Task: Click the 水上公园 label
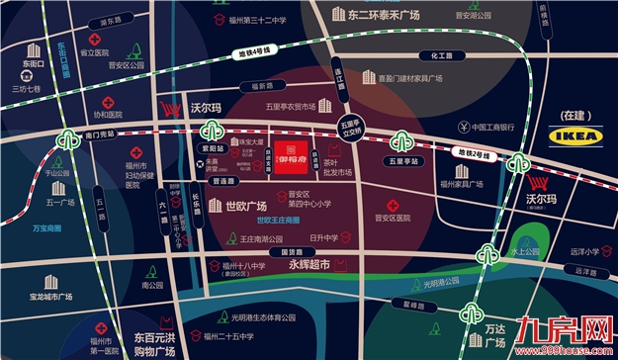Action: (525, 251)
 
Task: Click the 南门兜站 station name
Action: (101, 134)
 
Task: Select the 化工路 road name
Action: (432, 56)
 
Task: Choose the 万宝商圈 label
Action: (46, 228)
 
